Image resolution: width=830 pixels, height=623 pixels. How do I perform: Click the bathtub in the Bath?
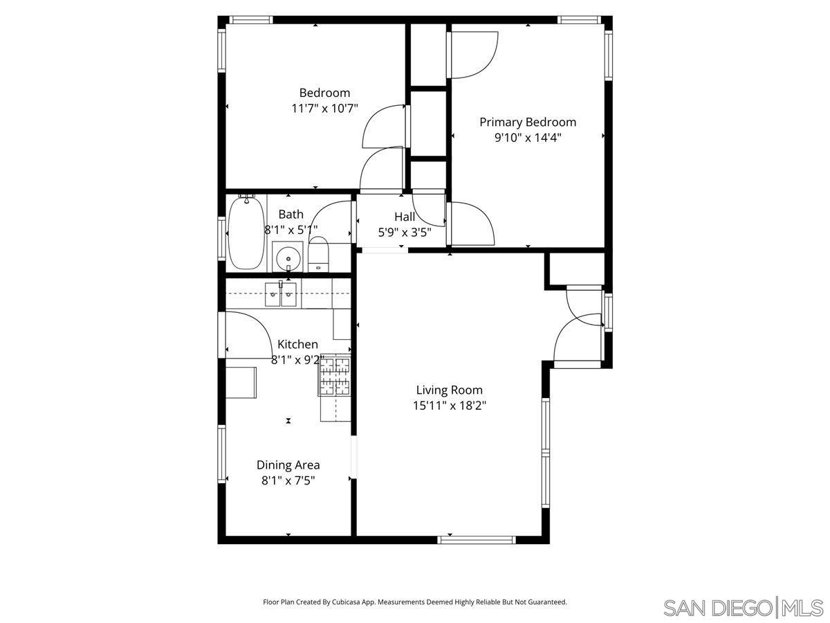[x=246, y=233]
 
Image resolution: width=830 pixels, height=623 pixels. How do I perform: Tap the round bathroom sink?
[x=287, y=259]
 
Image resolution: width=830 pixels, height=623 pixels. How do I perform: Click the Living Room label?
[x=449, y=390]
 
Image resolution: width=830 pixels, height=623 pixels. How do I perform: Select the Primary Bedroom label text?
[x=528, y=123]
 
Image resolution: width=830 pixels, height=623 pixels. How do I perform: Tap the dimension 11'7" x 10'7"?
[x=324, y=109]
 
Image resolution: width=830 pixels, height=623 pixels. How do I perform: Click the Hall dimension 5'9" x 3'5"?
[x=405, y=233]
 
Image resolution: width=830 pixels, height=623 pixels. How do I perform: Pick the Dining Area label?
[x=288, y=465]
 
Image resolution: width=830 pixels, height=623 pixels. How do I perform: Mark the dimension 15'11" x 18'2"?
[x=450, y=406]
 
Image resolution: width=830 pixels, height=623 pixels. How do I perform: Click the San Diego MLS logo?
[x=743, y=608]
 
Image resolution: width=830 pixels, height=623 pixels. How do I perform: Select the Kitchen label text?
[x=297, y=344]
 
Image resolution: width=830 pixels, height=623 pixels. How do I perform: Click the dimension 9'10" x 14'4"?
[x=527, y=138]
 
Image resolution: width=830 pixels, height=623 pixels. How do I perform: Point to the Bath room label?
[x=290, y=215]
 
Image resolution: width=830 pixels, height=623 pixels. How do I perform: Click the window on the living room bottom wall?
[x=477, y=539]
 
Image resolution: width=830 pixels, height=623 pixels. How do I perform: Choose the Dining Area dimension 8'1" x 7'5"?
[x=288, y=480]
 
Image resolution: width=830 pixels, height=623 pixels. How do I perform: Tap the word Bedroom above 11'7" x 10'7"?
[x=324, y=93]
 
